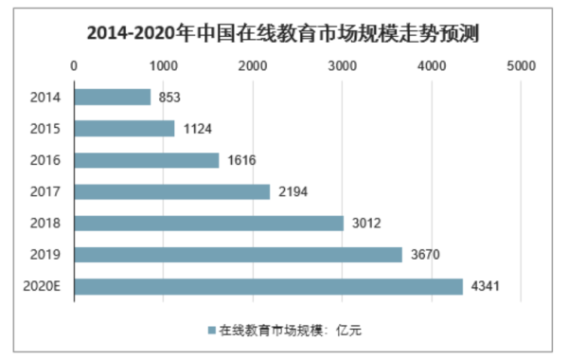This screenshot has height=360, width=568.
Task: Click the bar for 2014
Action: coord(112,97)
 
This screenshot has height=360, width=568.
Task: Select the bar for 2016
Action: coord(146,160)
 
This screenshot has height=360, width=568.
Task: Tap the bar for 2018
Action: coord(208,223)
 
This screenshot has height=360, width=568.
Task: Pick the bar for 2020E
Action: coord(268,286)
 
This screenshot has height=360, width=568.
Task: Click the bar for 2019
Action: coord(238,255)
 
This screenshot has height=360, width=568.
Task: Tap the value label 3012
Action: coord(364,224)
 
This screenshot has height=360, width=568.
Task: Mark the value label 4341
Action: coord(483,286)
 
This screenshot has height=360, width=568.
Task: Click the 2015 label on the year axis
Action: coord(45,129)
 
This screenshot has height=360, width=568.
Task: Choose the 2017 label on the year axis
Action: coord(45,192)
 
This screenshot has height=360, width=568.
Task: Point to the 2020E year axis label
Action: coord(42,286)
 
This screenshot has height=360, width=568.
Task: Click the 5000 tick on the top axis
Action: coord(521,66)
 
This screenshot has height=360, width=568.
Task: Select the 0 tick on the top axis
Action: coord(74,66)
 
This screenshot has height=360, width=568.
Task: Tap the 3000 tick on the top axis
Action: coord(342,66)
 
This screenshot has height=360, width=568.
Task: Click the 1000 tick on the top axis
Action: coord(163,66)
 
